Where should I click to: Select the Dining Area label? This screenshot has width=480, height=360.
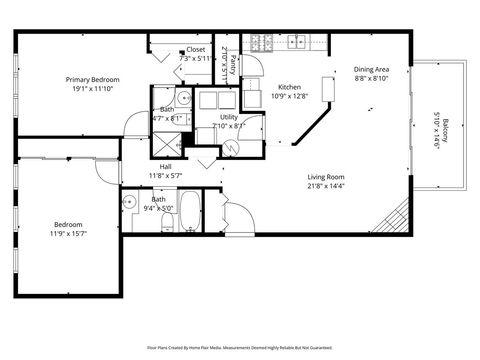pos(371,69)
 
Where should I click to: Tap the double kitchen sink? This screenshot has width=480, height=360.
pos(297,42)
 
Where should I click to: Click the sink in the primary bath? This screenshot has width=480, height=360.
pos(184,100)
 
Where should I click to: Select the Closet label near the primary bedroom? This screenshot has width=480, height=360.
pos(196,49)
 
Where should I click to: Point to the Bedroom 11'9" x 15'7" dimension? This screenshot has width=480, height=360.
pos(68,234)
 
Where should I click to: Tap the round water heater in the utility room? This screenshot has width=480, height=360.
pos(230,146)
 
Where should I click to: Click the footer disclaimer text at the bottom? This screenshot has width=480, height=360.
pos(240,349)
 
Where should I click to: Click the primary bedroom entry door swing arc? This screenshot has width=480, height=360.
pos(132,126)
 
